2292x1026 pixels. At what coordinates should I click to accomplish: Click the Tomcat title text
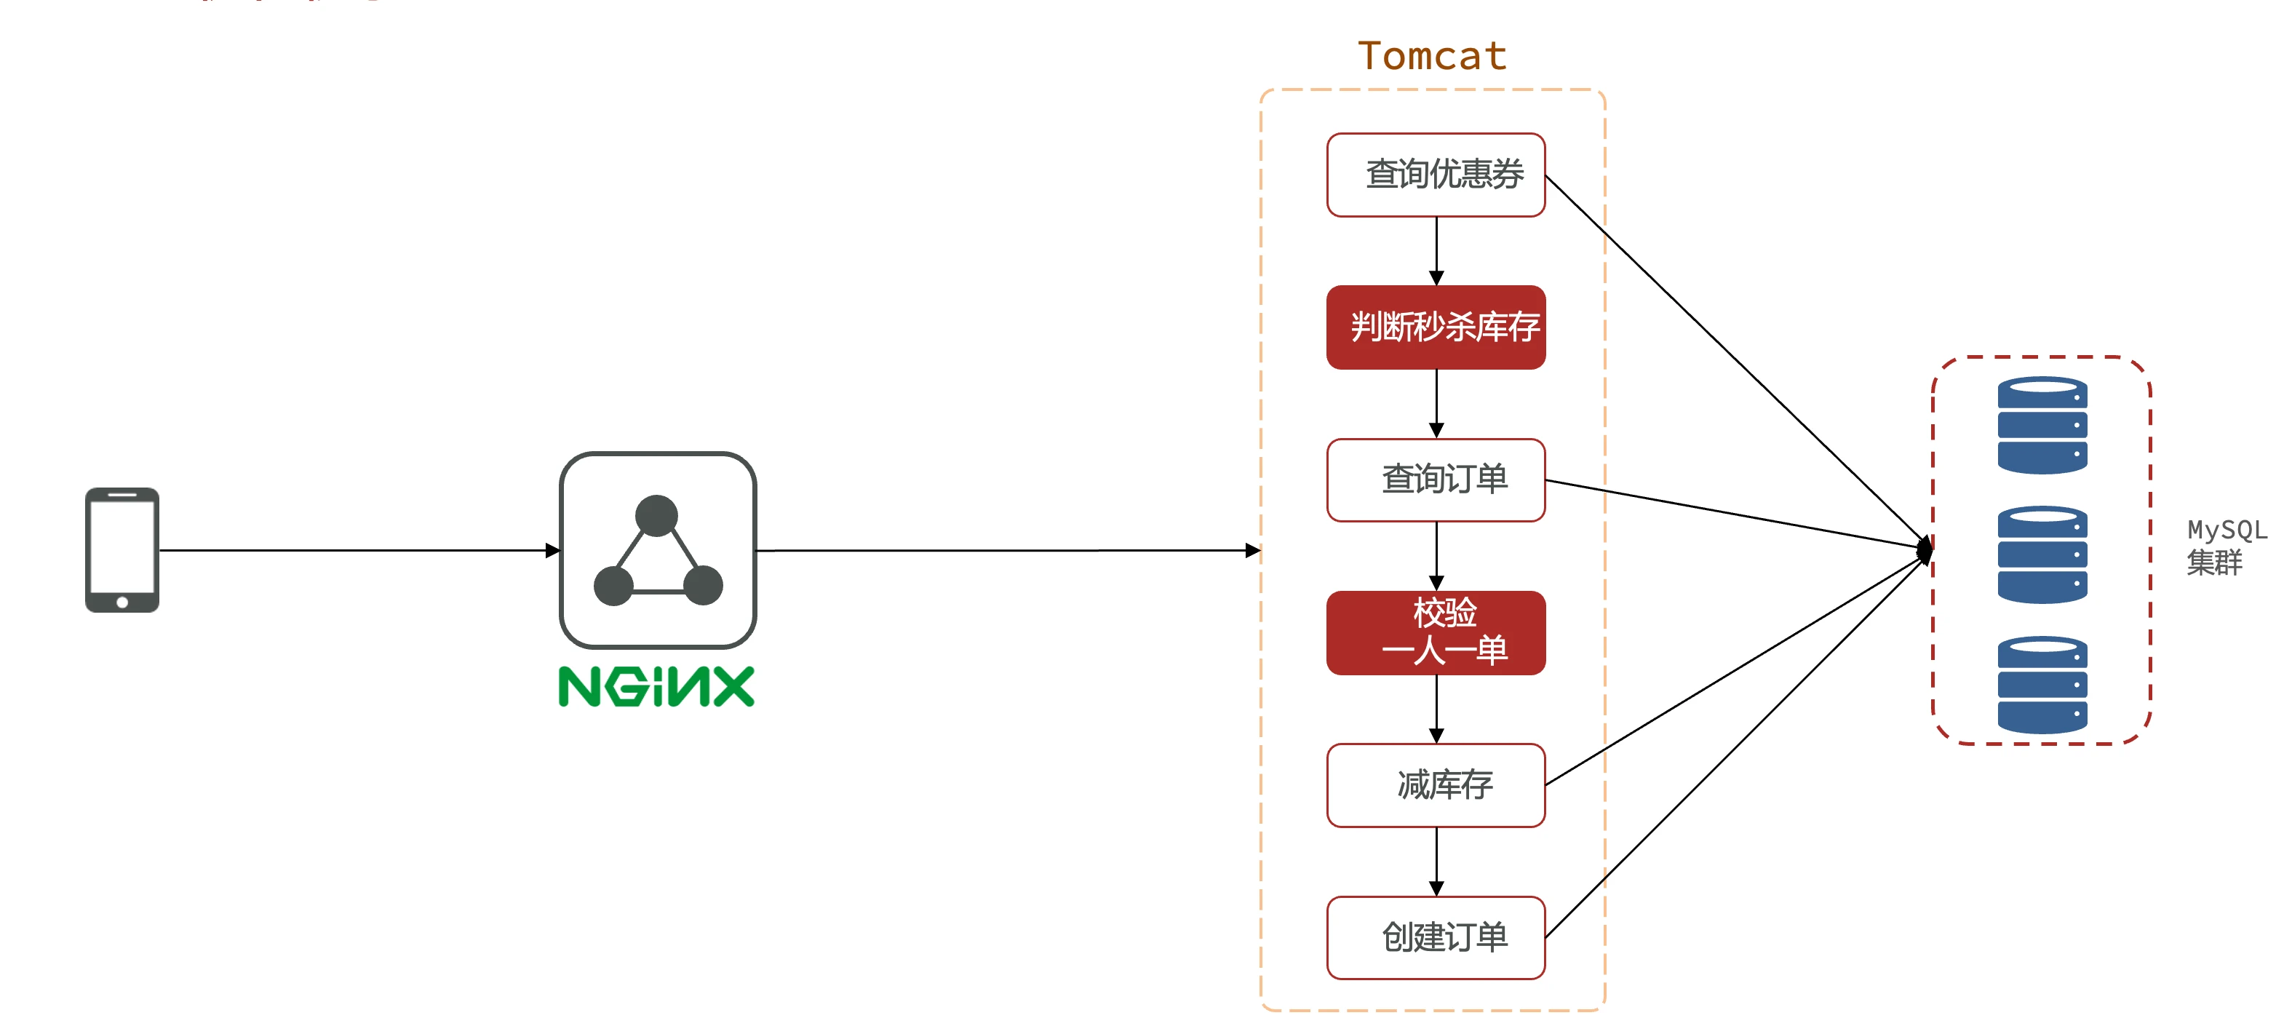click(x=1432, y=56)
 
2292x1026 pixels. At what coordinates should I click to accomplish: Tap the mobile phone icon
click(x=122, y=549)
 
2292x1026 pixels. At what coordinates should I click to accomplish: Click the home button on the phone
click(x=122, y=603)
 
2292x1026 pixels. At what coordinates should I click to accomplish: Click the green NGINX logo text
click(x=656, y=687)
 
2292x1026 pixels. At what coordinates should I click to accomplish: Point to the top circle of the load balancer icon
click(x=656, y=515)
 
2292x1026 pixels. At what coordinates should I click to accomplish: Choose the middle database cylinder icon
click(x=2042, y=554)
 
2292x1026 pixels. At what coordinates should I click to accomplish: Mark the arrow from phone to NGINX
click(x=356, y=550)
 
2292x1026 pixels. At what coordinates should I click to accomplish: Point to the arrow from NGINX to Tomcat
click(x=1006, y=550)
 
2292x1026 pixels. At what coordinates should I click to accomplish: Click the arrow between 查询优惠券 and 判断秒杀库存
click(x=1436, y=250)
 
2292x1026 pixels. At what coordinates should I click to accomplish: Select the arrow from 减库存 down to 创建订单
click(x=1436, y=861)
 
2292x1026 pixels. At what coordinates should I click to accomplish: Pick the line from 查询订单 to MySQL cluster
click(x=1735, y=514)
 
